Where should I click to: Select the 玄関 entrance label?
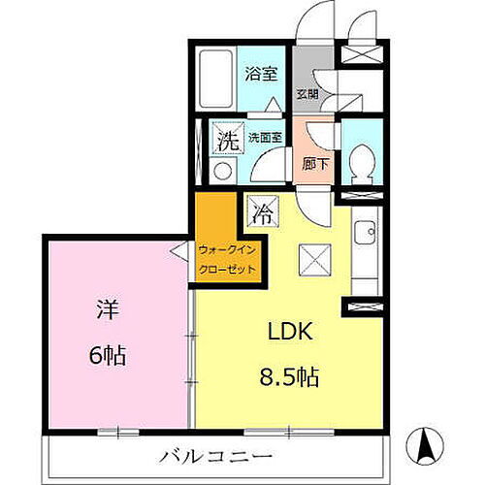click(307, 94)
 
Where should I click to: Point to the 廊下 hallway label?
click(315, 164)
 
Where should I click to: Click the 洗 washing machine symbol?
click(226, 140)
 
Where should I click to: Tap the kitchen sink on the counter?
click(365, 234)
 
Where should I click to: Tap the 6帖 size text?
click(107, 356)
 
